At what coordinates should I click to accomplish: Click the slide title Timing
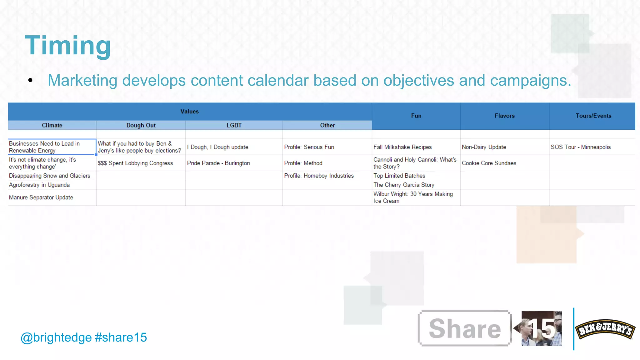(68, 46)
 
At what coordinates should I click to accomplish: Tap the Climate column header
(52, 125)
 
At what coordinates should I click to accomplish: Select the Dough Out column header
(141, 125)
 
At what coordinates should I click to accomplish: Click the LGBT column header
(234, 125)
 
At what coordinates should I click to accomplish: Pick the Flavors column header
(504, 116)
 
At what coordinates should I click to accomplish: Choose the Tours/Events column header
(593, 116)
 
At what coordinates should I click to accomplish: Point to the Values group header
(189, 112)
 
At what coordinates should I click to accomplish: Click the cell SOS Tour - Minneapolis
(580, 147)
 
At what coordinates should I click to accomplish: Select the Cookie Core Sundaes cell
(489, 163)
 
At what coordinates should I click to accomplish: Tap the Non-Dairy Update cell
(484, 147)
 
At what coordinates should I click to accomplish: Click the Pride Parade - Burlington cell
(218, 163)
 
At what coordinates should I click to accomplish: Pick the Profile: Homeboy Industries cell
(319, 176)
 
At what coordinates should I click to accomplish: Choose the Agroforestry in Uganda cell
(39, 185)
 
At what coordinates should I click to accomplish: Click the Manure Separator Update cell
(41, 197)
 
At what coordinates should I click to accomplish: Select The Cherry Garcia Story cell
(404, 185)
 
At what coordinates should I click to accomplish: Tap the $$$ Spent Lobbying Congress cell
(135, 163)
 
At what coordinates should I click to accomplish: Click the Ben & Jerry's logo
(605, 329)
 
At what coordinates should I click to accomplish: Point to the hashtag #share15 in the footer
(121, 337)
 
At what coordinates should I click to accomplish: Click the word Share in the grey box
(465, 328)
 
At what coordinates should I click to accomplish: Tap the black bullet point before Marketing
(30, 80)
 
